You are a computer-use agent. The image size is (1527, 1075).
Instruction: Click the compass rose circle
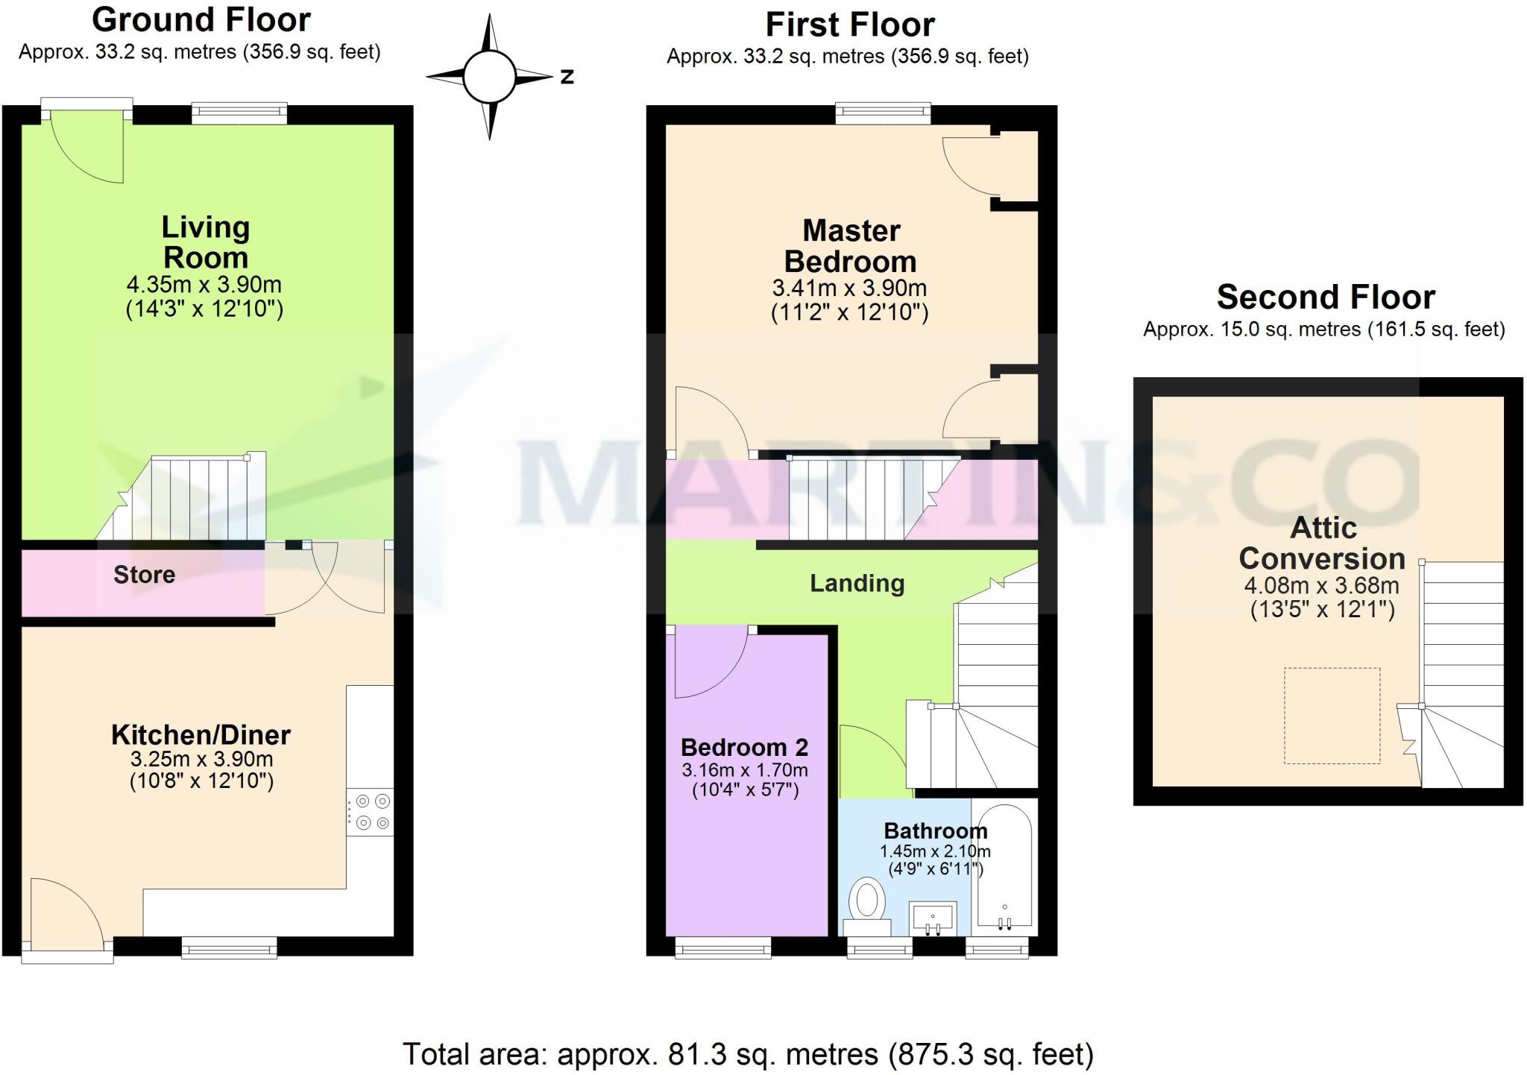pos(489,77)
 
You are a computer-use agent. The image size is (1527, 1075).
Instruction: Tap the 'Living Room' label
pos(205,242)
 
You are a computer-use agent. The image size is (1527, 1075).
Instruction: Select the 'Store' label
pos(144,575)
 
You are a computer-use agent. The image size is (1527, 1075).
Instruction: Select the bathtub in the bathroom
pos(1004,868)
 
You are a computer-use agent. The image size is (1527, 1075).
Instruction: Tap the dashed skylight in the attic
pos(1332,716)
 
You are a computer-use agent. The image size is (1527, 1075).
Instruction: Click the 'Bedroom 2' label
pos(744,747)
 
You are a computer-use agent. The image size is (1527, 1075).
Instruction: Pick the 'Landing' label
pos(857,583)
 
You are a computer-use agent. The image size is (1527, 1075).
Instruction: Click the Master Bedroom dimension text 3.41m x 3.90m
pos(849,288)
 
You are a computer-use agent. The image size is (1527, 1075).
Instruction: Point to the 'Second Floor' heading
pos(1325,297)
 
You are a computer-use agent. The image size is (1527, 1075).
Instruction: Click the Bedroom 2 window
pos(722,948)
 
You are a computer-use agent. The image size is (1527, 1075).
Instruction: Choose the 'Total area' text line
pos(748,1054)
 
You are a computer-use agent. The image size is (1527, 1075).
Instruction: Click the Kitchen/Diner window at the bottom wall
pos(229,948)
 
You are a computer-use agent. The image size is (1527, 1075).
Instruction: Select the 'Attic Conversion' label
pos(1322,543)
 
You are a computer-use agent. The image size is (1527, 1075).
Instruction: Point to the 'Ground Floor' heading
pos(201,20)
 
